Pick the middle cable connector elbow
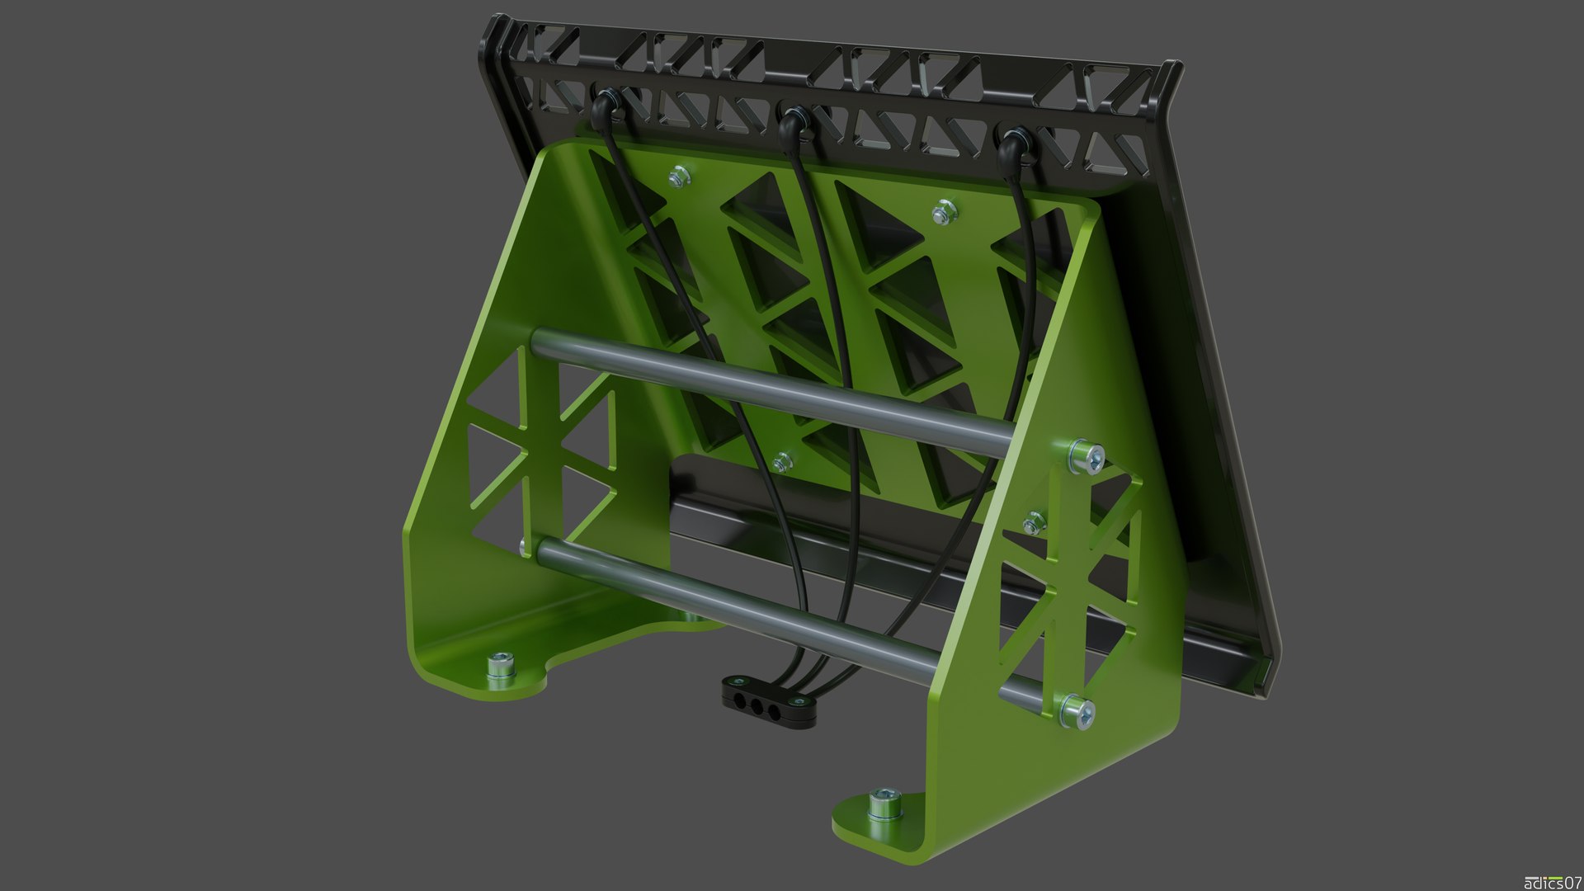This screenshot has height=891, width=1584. (792, 122)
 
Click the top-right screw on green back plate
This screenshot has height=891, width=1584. (943, 213)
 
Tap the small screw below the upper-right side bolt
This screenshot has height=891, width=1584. (1035, 521)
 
